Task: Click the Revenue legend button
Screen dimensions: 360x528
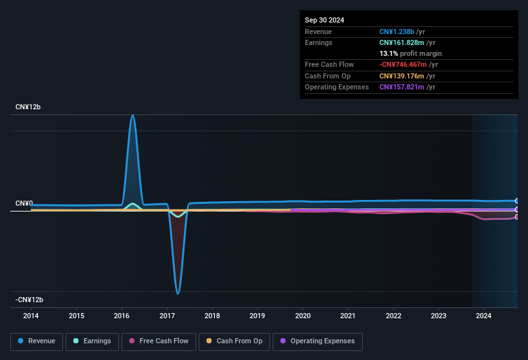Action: tap(37, 341)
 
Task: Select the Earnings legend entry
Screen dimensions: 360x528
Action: tap(92, 341)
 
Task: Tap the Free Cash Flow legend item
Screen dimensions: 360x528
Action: tap(159, 341)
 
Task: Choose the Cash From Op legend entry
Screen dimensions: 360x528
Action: tap(233, 341)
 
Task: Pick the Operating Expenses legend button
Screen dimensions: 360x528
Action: tap(317, 341)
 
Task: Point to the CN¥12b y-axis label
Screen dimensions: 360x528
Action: tap(28, 107)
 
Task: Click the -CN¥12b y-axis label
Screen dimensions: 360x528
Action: tap(30, 300)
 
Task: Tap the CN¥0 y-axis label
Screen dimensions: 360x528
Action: tap(24, 204)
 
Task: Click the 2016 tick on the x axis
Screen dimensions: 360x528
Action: tap(122, 316)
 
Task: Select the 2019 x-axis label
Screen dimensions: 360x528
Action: tap(257, 316)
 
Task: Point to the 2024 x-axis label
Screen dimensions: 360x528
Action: tap(484, 316)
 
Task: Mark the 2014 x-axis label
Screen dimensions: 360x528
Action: tap(31, 316)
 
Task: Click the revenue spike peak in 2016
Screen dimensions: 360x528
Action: tap(132, 116)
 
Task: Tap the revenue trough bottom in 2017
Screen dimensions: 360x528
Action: tap(178, 293)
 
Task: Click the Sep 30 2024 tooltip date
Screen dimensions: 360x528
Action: tap(324, 20)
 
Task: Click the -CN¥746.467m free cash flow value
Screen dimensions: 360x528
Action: tap(402, 65)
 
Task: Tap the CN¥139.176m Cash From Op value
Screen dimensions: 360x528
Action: tap(399, 76)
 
